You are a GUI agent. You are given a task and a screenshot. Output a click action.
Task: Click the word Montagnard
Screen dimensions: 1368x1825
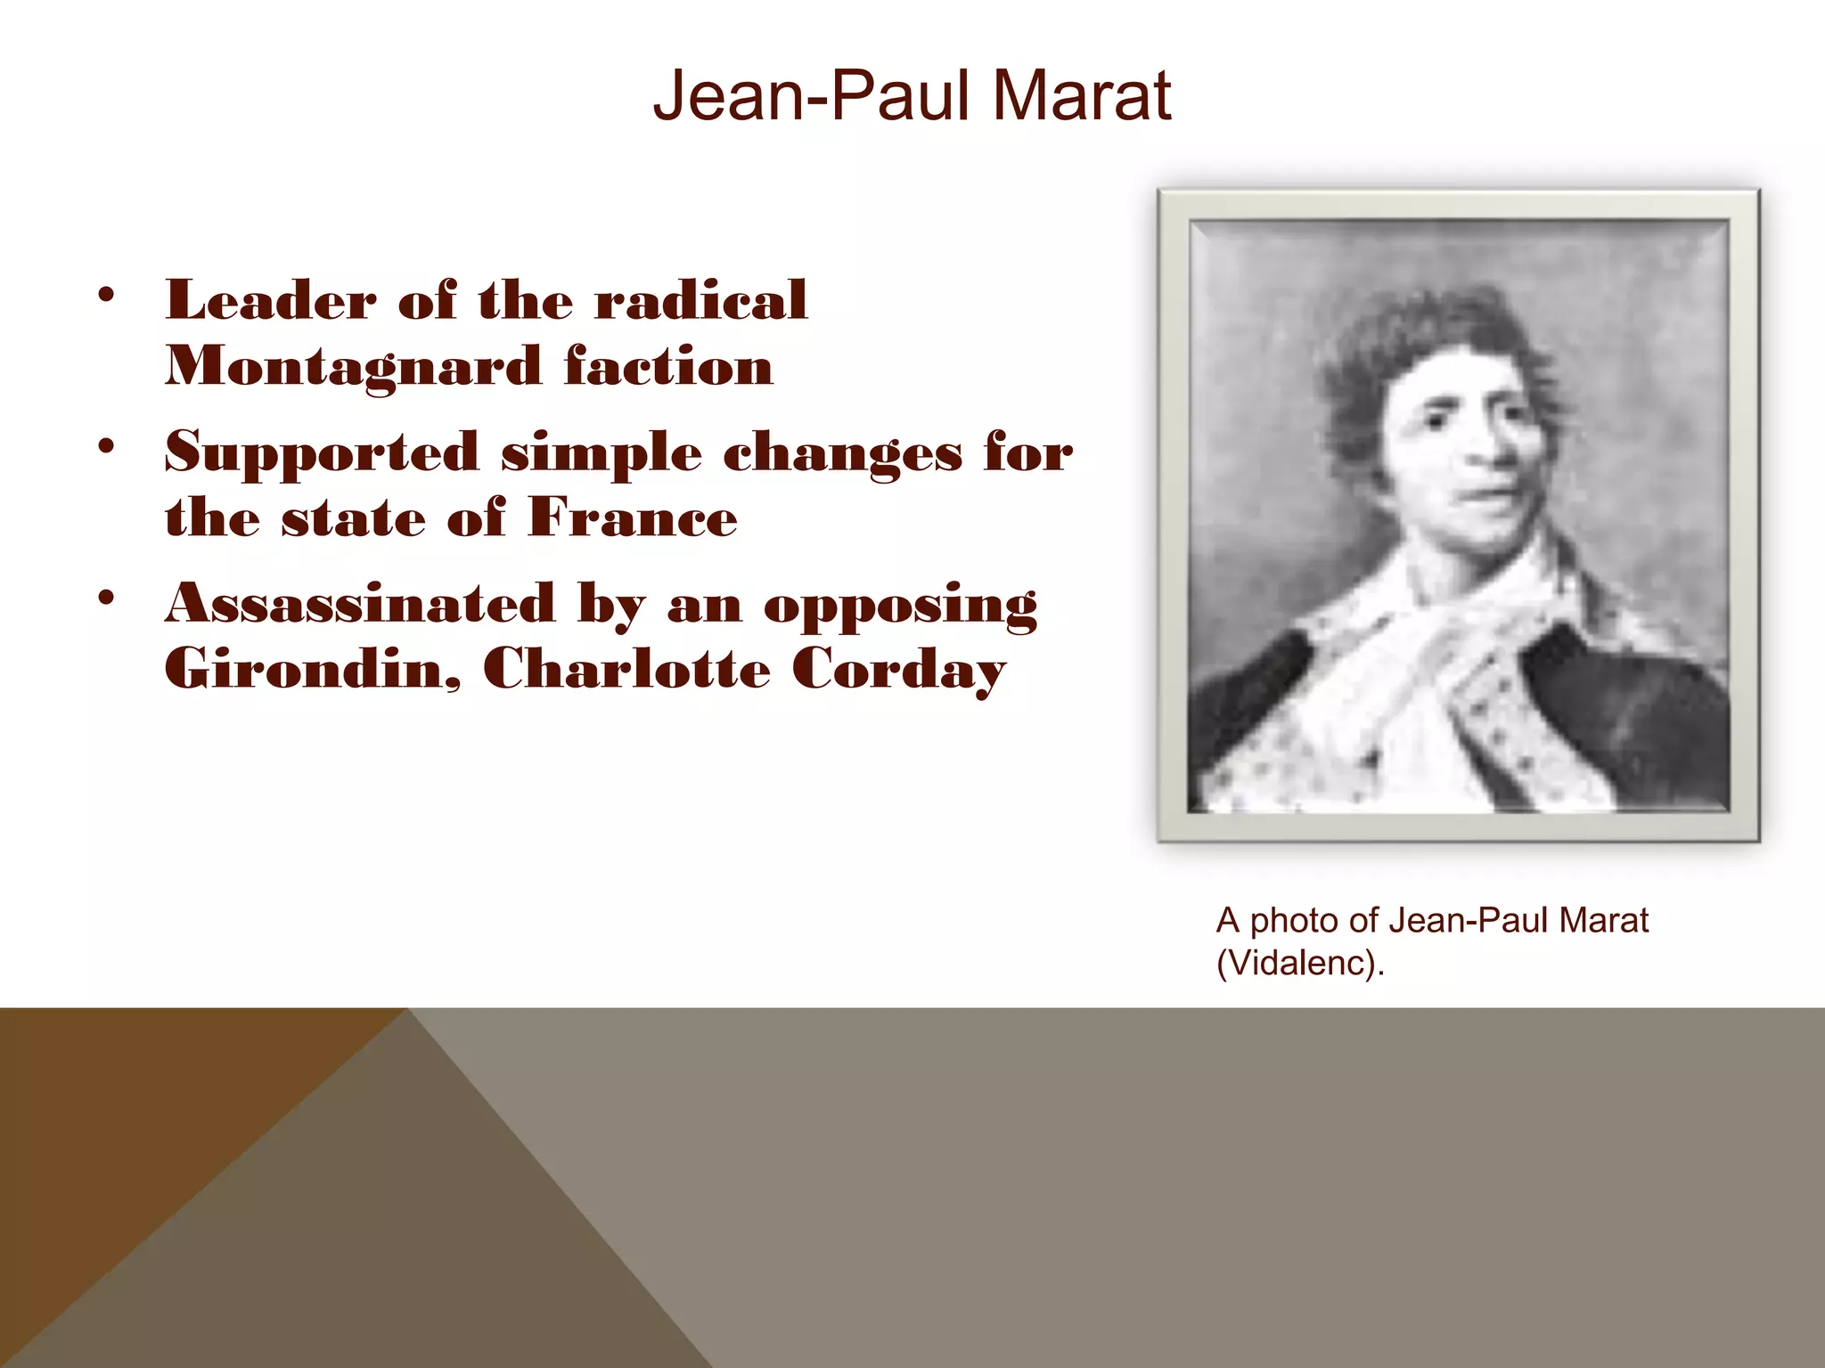354,367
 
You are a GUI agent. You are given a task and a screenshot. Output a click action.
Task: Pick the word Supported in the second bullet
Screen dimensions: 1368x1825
322,452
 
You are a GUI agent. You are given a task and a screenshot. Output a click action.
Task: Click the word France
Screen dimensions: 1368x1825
633,517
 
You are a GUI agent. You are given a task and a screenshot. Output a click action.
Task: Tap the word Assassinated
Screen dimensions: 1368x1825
360,604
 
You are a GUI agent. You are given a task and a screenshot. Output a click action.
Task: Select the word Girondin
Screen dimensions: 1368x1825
312,668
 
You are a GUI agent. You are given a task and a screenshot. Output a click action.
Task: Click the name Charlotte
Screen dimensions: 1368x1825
626,668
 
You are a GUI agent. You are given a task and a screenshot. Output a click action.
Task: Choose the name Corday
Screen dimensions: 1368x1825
898,670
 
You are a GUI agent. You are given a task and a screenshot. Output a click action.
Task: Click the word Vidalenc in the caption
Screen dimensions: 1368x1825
1299,963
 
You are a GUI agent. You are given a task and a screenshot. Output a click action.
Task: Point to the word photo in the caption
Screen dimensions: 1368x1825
1294,921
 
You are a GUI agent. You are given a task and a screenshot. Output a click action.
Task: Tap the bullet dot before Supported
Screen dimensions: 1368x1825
107,447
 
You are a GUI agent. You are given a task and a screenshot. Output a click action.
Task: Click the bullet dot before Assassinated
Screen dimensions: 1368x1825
107,598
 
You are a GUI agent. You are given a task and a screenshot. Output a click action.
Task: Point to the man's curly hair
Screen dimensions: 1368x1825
1426,347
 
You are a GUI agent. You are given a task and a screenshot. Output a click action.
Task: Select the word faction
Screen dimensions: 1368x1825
668,367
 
